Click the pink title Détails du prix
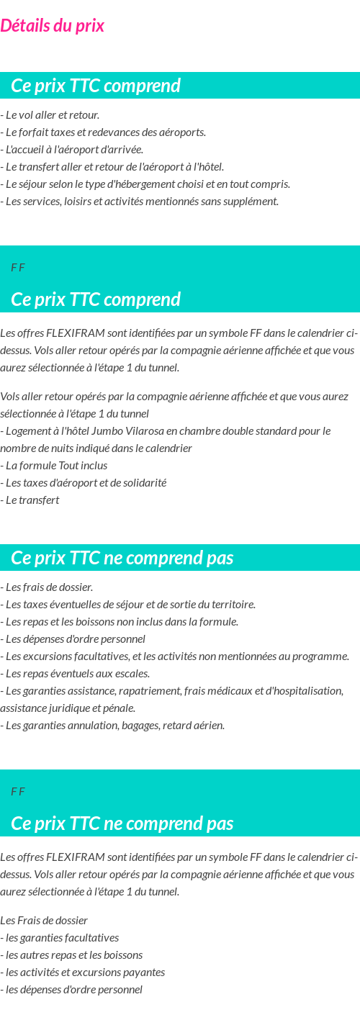click(x=53, y=26)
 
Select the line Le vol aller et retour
click(x=50, y=115)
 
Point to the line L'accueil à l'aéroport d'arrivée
click(x=73, y=150)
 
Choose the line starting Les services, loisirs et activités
click(x=140, y=202)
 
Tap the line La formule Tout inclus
click(x=55, y=466)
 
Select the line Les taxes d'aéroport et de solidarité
click(x=84, y=483)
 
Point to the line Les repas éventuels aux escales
click(x=76, y=674)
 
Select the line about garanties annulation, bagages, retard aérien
click(x=113, y=726)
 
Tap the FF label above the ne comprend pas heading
click(x=18, y=792)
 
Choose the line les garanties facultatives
click(x=60, y=938)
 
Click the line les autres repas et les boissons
click(x=72, y=955)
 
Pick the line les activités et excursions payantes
click(x=83, y=972)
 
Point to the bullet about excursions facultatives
click(x=175, y=656)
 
